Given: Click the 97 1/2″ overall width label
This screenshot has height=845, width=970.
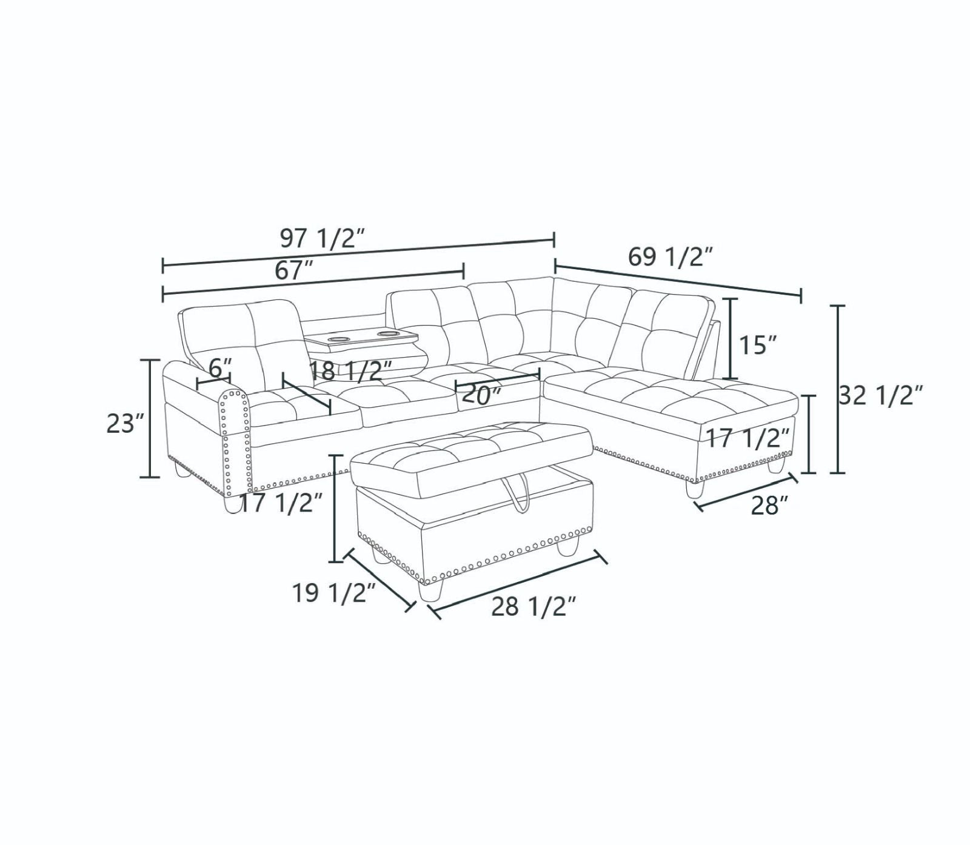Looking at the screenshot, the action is pos(321,239).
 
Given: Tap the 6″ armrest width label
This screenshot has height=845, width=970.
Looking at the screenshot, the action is pos(221,367).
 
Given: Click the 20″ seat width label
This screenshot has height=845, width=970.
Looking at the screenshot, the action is pos(481,395).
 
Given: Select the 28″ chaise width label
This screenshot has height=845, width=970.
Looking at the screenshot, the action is pos(770,505).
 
